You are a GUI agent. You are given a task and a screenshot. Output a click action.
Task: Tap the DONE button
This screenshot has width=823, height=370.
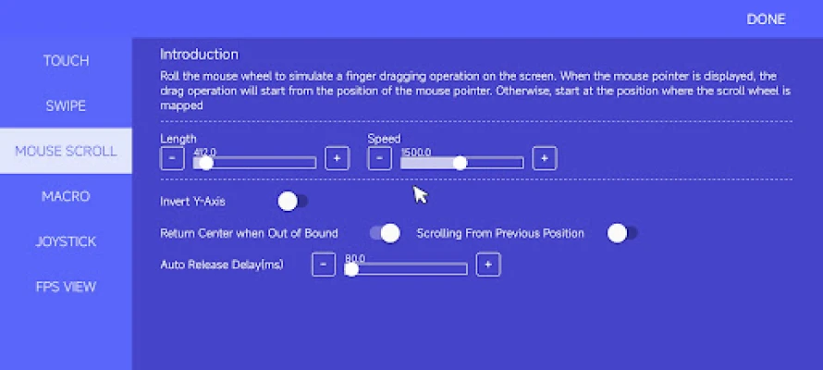tap(766, 19)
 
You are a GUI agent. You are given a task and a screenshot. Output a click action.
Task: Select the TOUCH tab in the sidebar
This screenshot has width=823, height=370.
tap(67, 61)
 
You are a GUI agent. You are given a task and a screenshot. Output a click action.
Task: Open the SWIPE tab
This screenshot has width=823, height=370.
tap(67, 106)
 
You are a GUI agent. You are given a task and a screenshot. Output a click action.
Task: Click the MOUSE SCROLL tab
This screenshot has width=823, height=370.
tap(67, 151)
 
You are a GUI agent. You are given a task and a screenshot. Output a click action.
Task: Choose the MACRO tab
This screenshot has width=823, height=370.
tap(67, 196)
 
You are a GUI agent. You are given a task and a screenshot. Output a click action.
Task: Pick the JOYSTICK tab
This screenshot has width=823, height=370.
tap(67, 241)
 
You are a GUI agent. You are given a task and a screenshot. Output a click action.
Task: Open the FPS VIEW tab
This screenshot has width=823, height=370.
tap(67, 287)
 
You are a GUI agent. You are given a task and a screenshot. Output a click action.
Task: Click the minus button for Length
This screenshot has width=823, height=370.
tap(172, 158)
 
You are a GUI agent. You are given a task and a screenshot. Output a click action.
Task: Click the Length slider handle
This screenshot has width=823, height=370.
tap(205, 163)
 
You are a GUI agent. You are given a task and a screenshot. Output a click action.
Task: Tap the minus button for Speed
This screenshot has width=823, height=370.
tap(379, 158)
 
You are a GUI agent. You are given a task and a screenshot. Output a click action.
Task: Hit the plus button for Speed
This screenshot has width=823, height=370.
tap(545, 158)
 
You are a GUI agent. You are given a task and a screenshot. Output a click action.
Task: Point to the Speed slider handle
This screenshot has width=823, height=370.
tap(460, 163)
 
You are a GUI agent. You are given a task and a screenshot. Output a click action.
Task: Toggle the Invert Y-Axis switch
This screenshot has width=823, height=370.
tap(292, 202)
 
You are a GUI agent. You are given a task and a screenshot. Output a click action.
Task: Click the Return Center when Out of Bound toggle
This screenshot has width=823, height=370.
tap(385, 233)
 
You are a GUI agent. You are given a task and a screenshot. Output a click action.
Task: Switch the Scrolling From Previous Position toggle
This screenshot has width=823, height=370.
tap(622, 233)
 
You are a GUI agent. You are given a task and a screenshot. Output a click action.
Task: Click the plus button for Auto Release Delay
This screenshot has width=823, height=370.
tap(488, 265)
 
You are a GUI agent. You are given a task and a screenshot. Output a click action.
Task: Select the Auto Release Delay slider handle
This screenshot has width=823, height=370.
tap(351, 269)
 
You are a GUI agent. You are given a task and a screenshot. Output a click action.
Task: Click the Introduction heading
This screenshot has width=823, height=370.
tap(200, 55)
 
